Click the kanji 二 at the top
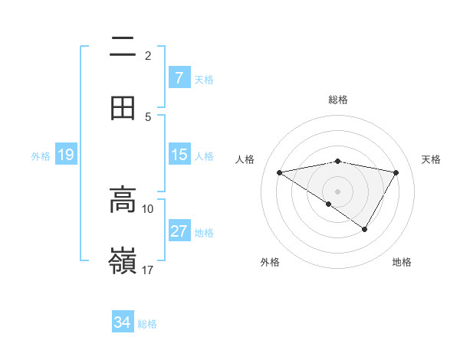coord(123,47)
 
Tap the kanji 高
coord(123,199)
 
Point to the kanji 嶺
coord(123,261)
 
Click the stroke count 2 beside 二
coord(148,55)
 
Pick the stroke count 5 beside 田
coord(148,116)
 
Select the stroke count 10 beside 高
coord(148,208)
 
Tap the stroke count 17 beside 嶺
coord(148,270)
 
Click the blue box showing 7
coord(179,78)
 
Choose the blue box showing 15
coord(179,155)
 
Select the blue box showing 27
coord(179,231)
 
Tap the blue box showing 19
coord(66,155)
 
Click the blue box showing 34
coord(123,322)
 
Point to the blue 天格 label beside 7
coord(204,79)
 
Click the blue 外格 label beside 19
coord(41,155)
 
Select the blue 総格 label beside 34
coord(147,323)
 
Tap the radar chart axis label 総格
coord(338,100)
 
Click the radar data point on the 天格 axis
coord(396,172)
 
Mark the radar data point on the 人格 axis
coord(280,172)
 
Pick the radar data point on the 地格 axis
coord(365,229)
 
